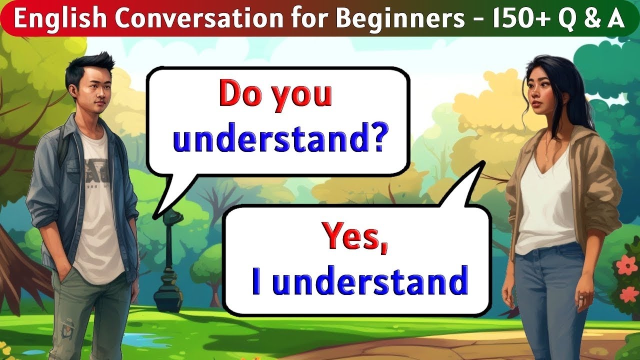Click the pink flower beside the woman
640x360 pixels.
coord(625,265)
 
